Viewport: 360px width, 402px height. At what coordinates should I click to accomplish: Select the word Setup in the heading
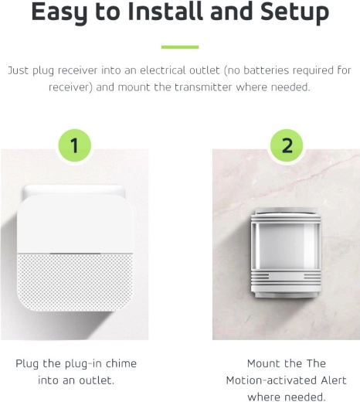(x=294, y=12)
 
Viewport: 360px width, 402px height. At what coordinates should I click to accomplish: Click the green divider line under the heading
(x=180, y=47)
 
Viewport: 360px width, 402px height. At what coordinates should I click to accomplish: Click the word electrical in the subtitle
(x=180, y=70)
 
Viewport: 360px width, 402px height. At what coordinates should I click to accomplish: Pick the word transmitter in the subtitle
(x=203, y=87)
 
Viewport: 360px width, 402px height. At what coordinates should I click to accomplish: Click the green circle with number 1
(x=74, y=145)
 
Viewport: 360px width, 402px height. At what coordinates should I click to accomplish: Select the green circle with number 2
(x=287, y=145)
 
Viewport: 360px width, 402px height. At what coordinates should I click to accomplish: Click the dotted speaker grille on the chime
(x=76, y=282)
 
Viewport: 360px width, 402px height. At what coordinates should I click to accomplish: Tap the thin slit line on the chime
(x=75, y=254)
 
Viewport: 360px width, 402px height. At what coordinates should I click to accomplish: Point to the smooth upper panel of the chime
(x=75, y=223)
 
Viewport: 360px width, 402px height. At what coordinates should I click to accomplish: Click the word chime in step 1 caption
(x=121, y=363)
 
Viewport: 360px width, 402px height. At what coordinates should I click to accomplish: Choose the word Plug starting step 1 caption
(x=27, y=364)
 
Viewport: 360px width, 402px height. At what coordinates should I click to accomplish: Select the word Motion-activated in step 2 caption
(x=271, y=380)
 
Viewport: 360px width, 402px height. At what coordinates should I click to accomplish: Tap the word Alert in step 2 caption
(x=334, y=380)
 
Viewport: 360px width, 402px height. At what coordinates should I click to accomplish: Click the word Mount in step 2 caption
(x=264, y=363)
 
